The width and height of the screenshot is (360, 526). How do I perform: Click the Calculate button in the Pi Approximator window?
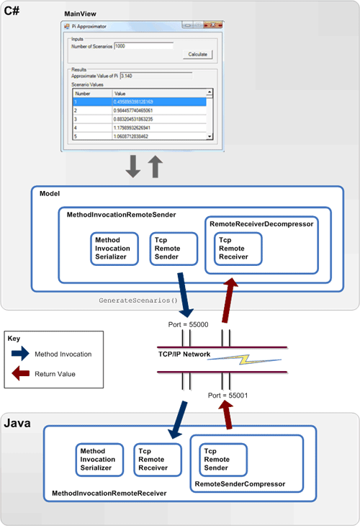click(x=197, y=54)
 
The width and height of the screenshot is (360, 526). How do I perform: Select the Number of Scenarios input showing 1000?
click(x=143, y=46)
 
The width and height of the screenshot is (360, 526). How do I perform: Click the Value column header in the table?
click(x=158, y=93)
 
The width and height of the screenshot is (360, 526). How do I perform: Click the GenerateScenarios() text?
click(x=138, y=299)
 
